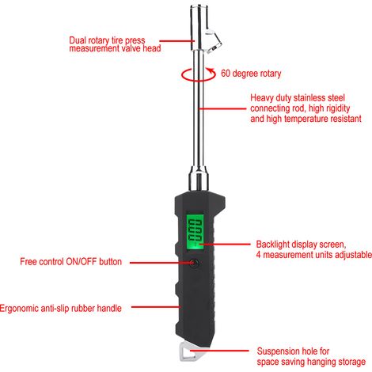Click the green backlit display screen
[195, 231]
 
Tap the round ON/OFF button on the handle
[194, 263]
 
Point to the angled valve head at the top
[214, 40]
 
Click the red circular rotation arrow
[199, 74]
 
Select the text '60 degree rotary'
[251, 74]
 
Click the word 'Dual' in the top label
[78, 40]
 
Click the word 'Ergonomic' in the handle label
[19, 309]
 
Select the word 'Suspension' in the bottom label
[278, 351]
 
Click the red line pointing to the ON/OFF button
[161, 263]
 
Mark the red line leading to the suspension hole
[219, 351]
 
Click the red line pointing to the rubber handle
[156, 307]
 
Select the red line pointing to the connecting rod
[222, 108]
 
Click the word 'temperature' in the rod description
[306, 119]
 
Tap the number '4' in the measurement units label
[259, 255]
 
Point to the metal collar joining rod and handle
[199, 178]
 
